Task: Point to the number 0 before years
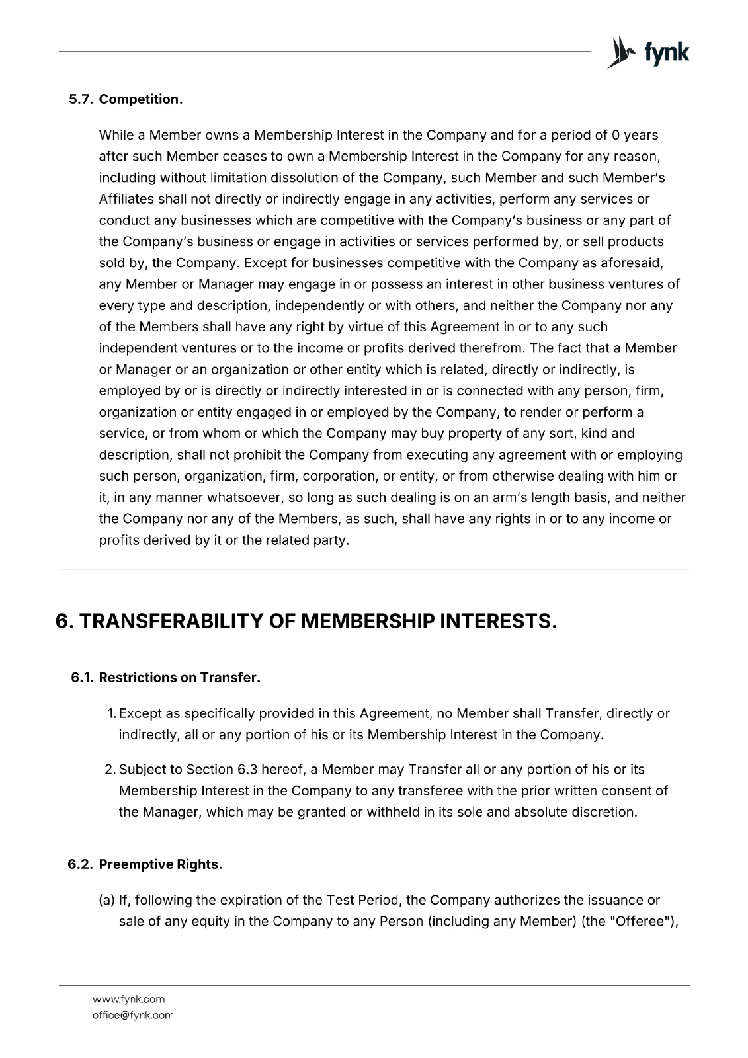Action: point(615,135)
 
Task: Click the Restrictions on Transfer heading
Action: point(179,678)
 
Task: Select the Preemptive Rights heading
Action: point(160,864)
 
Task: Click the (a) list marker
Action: point(107,900)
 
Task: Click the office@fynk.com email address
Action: point(133,1015)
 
